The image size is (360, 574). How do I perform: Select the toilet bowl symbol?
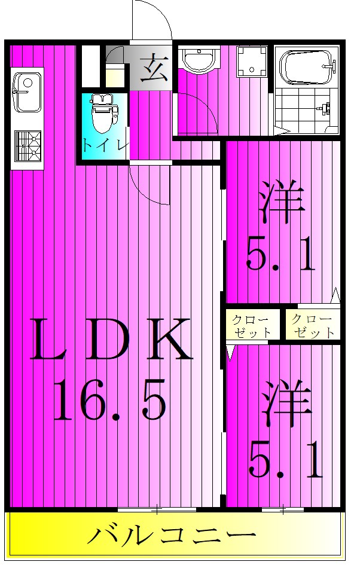coord(102,113)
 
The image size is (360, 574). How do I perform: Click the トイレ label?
coord(105,145)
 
